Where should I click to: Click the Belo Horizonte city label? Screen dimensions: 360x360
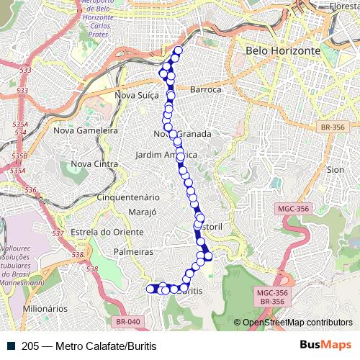click(x=282, y=51)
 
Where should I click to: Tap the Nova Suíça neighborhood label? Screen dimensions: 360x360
click(x=137, y=94)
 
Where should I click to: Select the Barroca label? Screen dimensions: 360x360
click(x=205, y=89)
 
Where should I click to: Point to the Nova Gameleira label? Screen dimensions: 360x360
click(x=86, y=131)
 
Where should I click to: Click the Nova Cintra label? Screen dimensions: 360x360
click(x=94, y=164)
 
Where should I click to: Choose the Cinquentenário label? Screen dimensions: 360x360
click(x=127, y=197)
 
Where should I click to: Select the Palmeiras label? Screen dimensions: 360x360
click(x=134, y=252)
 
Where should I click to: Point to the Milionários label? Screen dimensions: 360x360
click(x=45, y=308)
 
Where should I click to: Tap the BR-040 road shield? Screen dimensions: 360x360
click(x=127, y=321)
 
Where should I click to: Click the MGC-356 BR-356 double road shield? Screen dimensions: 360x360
click(x=272, y=297)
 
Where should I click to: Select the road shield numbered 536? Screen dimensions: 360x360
click(x=30, y=190)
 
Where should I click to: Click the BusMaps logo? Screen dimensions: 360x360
click(x=325, y=345)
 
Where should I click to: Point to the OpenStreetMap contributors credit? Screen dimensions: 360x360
click(x=297, y=323)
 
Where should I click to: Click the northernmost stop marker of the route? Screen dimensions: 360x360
click(x=178, y=50)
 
